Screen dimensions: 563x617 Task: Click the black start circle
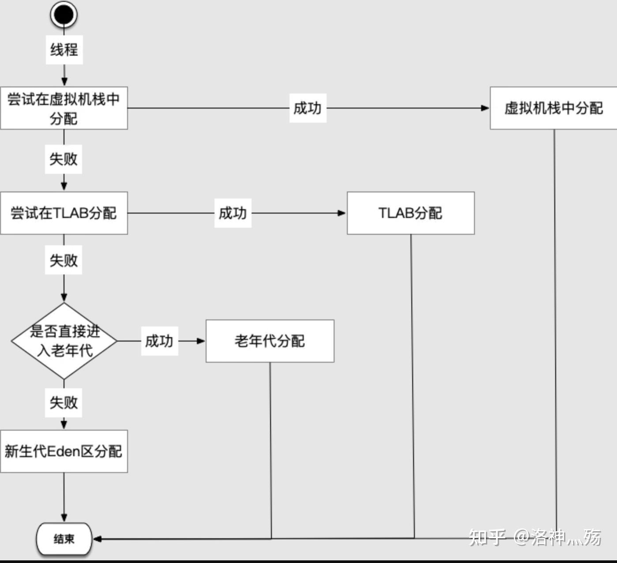click(x=64, y=14)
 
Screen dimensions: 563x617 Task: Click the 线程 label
click(x=64, y=49)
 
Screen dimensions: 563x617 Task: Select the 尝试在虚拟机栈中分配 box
click(x=64, y=108)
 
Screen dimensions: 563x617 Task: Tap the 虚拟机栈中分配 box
click(x=553, y=108)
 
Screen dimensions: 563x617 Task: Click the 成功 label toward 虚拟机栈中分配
click(x=308, y=108)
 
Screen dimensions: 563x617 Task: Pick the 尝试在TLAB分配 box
click(x=64, y=213)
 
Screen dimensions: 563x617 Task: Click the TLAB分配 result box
click(x=410, y=213)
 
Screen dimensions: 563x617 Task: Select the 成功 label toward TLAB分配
click(x=233, y=213)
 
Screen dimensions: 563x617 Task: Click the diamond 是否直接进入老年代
click(x=64, y=341)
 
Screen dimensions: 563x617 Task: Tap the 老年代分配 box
click(x=270, y=341)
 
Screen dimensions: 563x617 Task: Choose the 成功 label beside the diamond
click(x=159, y=341)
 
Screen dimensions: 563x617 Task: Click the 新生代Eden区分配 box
click(x=64, y=451)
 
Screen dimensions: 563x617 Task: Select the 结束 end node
click(x=64, y=539)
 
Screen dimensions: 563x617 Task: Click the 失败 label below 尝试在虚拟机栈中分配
click(x=64, y=159)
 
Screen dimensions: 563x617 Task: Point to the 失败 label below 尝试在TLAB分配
click(x=64, y=260)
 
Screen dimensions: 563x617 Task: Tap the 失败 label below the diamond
click(x=64, y=402)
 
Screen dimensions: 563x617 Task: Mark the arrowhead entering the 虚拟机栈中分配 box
click(x=485, y=108)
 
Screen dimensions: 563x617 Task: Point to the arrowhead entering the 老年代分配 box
click(x=201, y=341)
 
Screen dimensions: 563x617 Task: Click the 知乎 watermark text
click(x=487, y=537)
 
